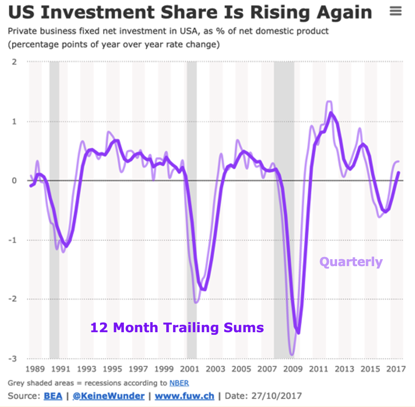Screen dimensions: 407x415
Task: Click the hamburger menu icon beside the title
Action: [x=395, y=12]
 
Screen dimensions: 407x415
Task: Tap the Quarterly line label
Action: [x=351, y=262]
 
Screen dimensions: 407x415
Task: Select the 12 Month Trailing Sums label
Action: [x=177, y=327]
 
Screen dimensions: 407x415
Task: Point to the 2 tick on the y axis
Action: [x=14, y=62]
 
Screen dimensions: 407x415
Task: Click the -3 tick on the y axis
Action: [x=13, y=358]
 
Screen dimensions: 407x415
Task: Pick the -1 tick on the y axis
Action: [x=13, y=240]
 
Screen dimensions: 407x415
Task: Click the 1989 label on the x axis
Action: [x=35, y=369]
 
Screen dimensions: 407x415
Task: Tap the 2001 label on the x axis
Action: [x=190, y=369]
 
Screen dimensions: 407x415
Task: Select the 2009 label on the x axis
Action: [x=293, y=369]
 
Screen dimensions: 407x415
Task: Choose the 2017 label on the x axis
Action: [x=396, y=369]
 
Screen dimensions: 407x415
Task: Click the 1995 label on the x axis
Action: [x=113, y=369]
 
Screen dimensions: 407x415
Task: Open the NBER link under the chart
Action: [x=179, y=383]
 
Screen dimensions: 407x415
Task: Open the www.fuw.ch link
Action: [x=184, y=396]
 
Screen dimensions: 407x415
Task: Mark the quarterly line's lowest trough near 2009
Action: [x=292, y=355]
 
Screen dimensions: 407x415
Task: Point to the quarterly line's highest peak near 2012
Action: [x=329, y=102]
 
